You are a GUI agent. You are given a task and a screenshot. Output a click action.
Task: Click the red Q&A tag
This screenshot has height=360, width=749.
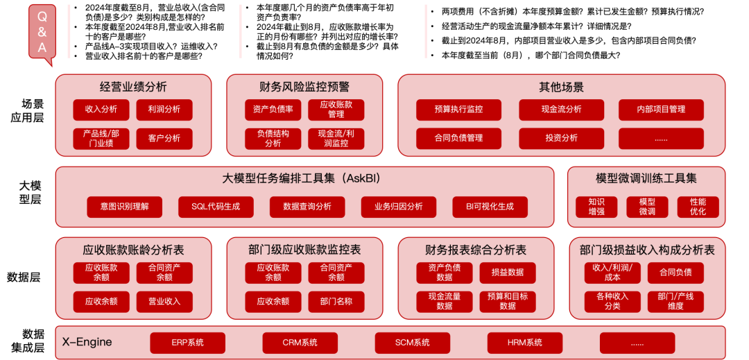42,32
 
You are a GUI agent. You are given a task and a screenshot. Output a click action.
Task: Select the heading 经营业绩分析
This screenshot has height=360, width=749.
133,87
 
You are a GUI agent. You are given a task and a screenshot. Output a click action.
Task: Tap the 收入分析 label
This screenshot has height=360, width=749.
101,109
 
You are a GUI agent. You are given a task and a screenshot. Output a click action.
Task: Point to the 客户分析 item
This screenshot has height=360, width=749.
164,138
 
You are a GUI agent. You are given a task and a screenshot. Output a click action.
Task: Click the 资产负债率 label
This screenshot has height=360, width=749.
273,109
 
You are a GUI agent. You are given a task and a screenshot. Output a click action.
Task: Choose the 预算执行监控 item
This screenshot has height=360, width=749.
458,109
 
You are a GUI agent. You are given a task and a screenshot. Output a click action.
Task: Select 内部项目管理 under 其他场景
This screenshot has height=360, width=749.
661,109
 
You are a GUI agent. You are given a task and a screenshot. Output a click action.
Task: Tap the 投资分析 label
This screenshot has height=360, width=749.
562,138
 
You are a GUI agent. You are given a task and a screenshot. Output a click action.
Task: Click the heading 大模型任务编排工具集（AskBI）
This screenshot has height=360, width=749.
304,179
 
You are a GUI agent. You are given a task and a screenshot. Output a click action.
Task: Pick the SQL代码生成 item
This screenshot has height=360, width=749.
216,206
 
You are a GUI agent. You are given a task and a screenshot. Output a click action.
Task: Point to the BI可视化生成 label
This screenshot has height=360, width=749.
490,206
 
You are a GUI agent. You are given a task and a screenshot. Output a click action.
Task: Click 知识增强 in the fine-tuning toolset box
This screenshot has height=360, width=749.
596,207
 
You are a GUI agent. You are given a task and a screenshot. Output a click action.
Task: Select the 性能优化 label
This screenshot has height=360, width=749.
698,207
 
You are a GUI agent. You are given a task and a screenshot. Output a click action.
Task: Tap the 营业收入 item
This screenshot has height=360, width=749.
164,302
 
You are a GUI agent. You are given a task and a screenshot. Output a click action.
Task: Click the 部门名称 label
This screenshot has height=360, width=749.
336,302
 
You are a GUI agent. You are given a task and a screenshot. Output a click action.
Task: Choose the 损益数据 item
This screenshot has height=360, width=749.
508,273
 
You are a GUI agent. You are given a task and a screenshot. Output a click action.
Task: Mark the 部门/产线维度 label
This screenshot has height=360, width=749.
675,301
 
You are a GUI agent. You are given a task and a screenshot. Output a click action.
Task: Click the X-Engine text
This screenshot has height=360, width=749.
87,342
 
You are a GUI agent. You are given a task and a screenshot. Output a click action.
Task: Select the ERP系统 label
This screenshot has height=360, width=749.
188,343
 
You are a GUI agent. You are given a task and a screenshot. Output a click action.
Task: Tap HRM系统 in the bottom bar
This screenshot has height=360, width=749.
525,343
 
